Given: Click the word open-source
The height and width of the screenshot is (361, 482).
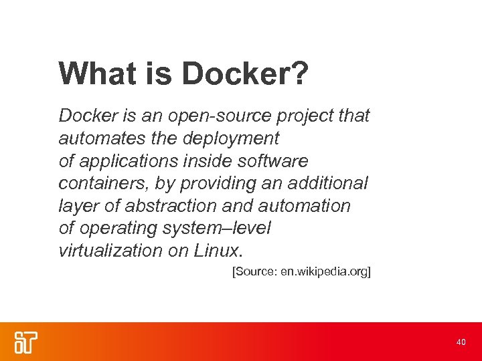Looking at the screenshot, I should point(212,116).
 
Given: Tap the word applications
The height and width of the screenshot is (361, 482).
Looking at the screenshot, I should point(129,161).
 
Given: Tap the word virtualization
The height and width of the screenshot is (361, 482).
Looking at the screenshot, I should point(110,251).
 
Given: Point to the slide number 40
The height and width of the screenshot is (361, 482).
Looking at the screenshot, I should point(461,342).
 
